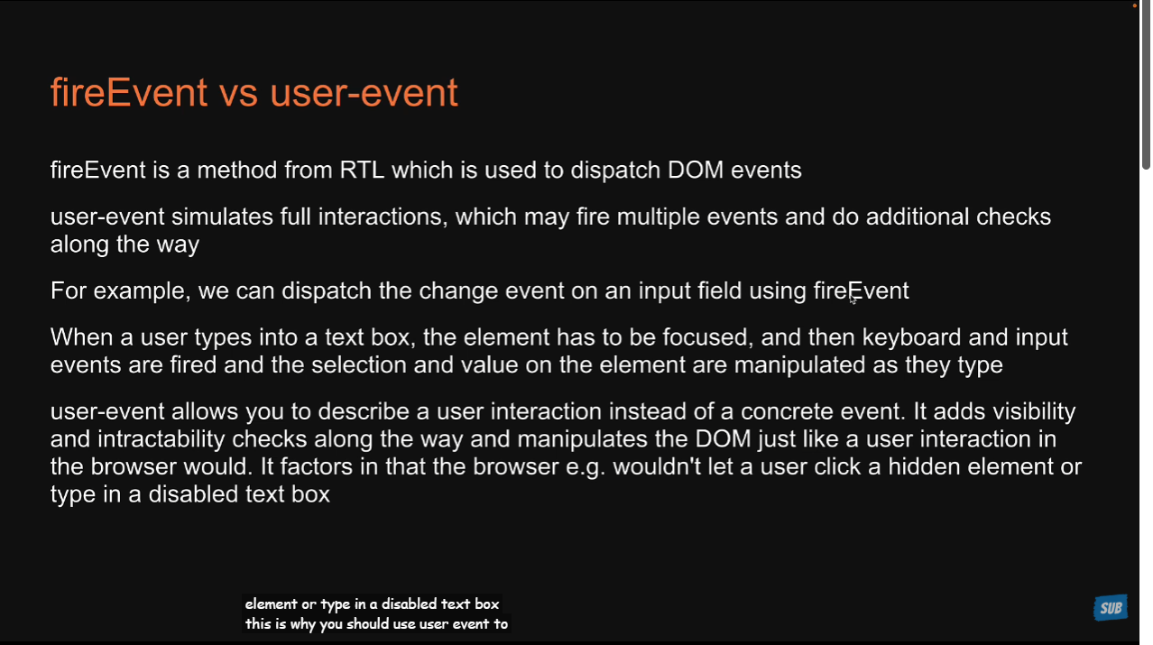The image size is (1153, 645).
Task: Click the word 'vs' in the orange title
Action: (238, 94)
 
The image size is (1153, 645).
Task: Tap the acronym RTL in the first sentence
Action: (362, 170)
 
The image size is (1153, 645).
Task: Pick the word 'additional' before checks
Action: (918, 217)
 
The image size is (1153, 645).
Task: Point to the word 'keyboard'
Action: (911, 338)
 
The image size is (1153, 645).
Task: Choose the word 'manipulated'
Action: (799, 366)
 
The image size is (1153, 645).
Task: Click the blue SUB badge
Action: (1111, 608)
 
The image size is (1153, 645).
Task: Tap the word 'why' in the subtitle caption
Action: (303, 624)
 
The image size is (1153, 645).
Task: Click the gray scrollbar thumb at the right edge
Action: (1146, 85)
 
